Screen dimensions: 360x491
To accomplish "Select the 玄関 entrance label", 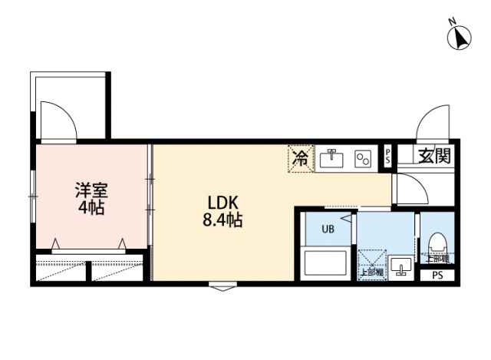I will pyautogui.click(x=434, y=157).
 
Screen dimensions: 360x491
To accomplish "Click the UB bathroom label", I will pyautogui.click(x=328, y=229).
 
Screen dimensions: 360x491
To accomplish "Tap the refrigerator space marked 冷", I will pyautogui.click(x=302, y=159).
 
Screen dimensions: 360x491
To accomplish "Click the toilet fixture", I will pyautogui.click(x=439, y=245).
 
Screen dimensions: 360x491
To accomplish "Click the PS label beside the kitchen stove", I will pyautogui.click(x=387, y=157).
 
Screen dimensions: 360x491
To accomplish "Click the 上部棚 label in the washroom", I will pyautogui.click(x=371, y=272).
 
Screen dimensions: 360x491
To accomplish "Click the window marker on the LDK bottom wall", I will pyautogui.click(x=222, y=288).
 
